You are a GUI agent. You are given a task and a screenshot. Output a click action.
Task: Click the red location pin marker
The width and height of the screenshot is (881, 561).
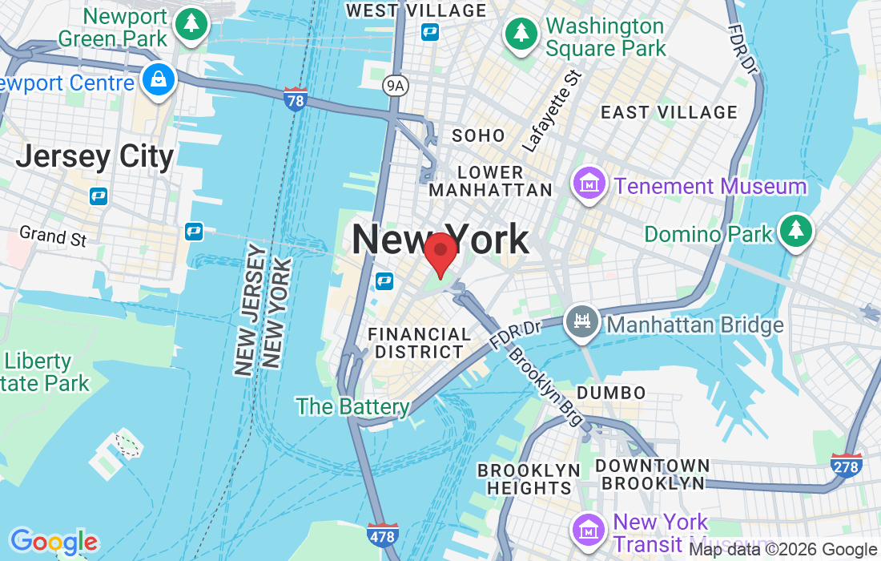coord(440,254)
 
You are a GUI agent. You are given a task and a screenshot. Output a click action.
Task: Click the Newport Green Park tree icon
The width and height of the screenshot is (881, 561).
coord(192,24)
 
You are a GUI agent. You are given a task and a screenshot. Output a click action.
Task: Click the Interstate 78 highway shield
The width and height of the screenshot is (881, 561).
coord(296,99)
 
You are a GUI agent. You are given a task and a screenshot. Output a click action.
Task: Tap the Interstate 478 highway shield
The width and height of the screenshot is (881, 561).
coord(382,535)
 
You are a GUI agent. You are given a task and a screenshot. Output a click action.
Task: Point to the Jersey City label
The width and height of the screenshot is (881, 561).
coord(95,156)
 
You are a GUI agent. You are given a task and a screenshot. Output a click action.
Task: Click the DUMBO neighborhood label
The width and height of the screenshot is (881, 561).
coord(611,393)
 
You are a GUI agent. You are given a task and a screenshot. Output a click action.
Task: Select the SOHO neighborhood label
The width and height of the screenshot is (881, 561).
coord(478,135)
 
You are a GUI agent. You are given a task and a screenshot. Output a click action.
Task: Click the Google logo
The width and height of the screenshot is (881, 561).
coord(54,542)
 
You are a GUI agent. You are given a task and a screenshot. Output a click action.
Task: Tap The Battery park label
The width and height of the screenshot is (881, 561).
coord(353,406)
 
